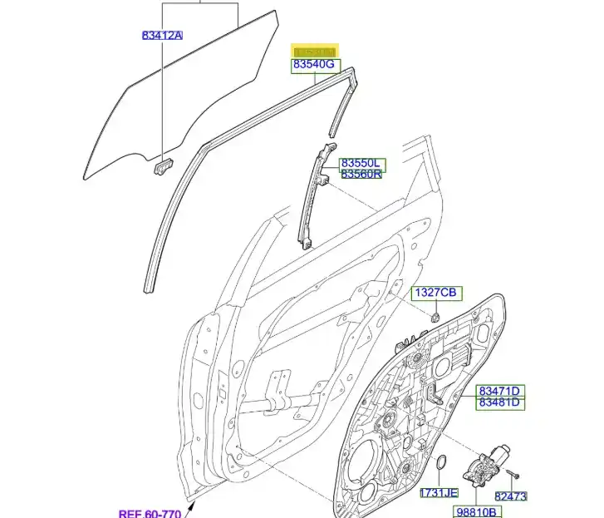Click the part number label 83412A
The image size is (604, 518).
(x=162, y=35)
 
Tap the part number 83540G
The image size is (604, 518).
(x=312, y=65)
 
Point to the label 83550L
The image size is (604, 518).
(x=362, y=163)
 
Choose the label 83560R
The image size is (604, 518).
(x=362, y=174)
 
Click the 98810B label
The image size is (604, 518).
(x=477, y=511)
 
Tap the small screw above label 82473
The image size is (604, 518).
(x=514, y=473)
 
